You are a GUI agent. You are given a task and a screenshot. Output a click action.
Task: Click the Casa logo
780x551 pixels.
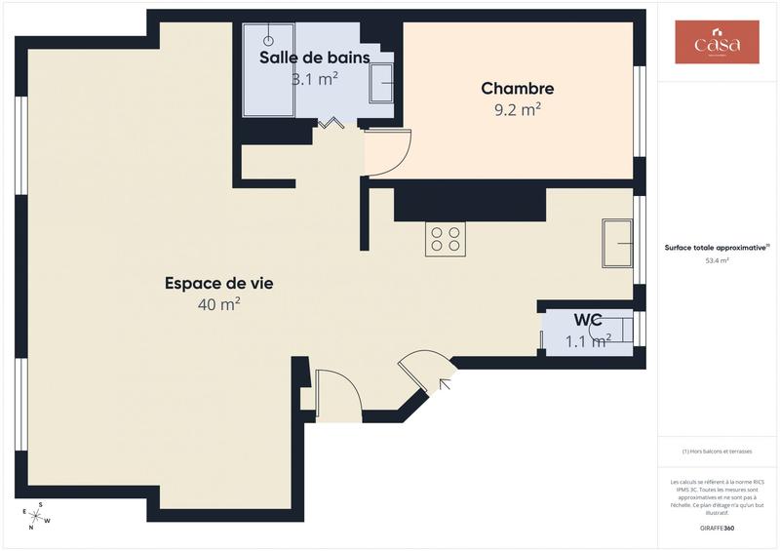[717, 43]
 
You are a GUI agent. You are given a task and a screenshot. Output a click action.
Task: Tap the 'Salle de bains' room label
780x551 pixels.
[314, 58]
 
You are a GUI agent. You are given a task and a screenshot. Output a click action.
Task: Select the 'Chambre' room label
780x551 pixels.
[517, 89]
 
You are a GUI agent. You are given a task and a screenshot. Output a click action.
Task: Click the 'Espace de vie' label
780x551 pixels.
[218, 284]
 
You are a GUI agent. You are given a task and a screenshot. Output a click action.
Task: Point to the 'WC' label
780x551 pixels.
[587, 320]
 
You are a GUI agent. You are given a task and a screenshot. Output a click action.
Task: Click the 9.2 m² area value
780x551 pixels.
[517, 110]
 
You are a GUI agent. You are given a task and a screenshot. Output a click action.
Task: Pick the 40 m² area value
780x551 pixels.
[218, 305]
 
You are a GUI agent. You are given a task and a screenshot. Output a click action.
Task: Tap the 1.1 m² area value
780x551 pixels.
[588, 340]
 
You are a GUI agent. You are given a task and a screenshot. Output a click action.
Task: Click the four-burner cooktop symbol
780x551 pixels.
[445, 239]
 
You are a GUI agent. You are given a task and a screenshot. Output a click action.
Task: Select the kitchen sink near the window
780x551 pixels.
[618, 243]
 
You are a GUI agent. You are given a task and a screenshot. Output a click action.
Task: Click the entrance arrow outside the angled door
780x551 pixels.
[445, 383]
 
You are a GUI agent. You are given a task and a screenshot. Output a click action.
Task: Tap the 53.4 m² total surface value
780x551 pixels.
[717, 261]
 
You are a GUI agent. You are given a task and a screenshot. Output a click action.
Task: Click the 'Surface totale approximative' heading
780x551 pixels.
[717, 248]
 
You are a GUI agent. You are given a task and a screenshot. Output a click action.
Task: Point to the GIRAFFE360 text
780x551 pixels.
[717, 528]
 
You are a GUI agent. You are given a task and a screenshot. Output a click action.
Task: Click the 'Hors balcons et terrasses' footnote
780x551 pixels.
[717, 451]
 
